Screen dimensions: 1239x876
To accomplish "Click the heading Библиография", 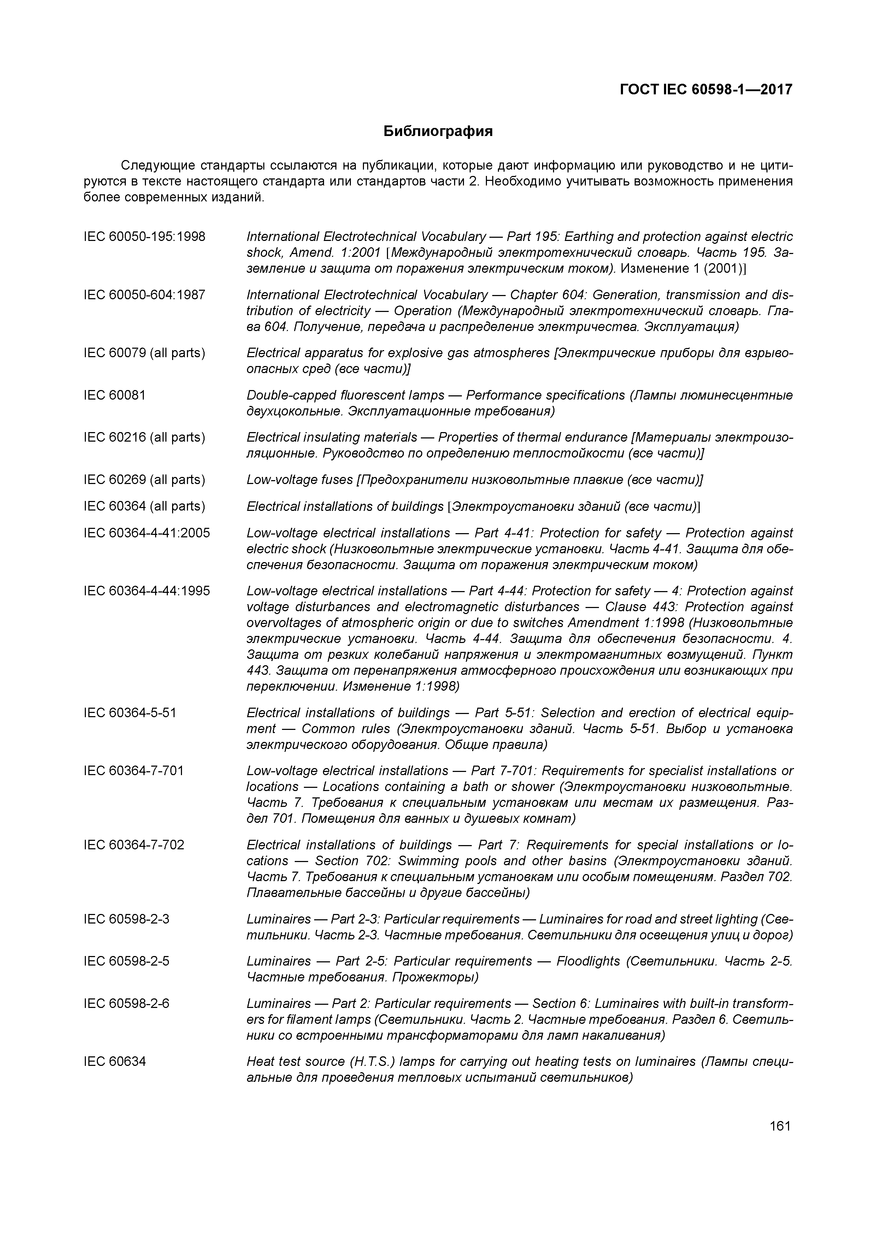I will point(438,131).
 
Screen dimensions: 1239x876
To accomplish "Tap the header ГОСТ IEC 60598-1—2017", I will point(706,89).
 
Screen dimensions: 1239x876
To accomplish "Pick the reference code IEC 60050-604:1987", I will point(144,295).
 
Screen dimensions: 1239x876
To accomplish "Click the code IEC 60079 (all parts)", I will point(144,353).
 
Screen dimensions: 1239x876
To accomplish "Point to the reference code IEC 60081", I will point(114,395).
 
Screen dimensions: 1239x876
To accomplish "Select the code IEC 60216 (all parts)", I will point(144,437).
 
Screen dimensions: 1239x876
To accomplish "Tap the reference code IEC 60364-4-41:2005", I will point(146,533).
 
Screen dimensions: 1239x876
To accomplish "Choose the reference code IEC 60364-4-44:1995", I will point(146,591).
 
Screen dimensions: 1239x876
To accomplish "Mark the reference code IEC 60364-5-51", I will point(130,713).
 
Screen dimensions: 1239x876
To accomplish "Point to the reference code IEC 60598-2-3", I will point(126,919).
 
